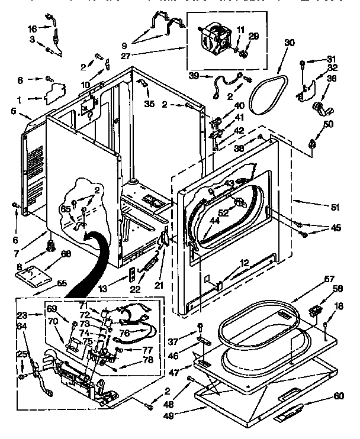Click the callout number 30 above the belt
point(289,42)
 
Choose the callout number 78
point(147,359)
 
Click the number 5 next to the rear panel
point(13,110)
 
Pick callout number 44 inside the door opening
point(214,221)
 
